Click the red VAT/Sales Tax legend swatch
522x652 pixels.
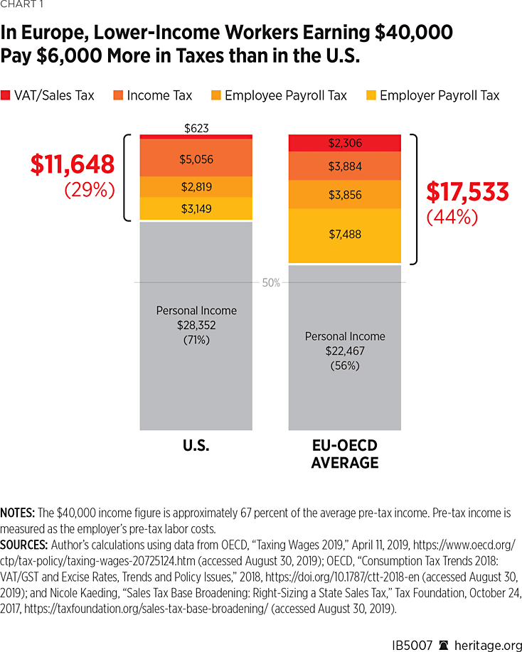click(6, 95)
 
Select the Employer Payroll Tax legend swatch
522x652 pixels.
click(371, 95)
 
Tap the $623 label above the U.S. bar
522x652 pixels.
click(196, 129)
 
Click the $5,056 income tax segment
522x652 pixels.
click(196, 159)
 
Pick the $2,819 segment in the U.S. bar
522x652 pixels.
click(196, 187)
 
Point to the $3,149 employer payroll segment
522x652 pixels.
click(196, 209)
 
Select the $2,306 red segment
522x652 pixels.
click(345, 143)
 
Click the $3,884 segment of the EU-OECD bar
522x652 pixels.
click(345, 166)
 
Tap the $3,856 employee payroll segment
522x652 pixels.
click(345, 194)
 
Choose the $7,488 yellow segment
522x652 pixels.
click(345, 235)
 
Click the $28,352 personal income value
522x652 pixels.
click(196, 326)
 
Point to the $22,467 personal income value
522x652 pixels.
click(345, 351)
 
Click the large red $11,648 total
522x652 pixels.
click(72, 165)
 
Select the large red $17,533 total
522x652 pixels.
click(467, 192)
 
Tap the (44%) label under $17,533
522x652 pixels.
click(452, 218)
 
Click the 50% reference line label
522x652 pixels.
click(271, 283)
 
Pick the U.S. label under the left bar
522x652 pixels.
click(196, 446)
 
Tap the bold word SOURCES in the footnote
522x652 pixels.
click(24, 544)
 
